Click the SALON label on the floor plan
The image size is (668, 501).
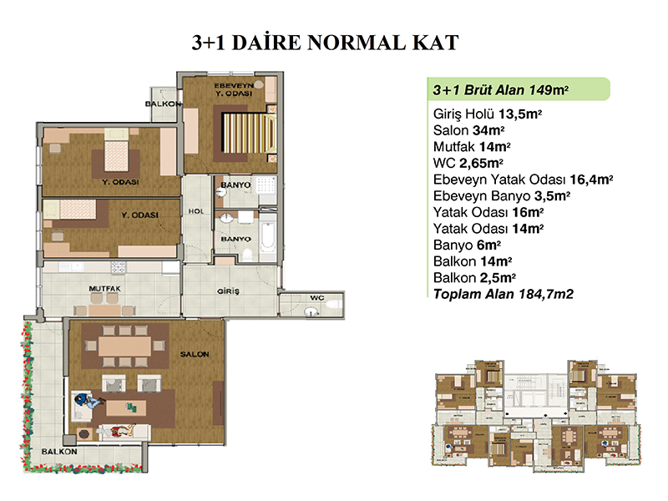195,354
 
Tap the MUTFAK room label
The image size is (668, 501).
105,288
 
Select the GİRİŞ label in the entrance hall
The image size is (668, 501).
228,291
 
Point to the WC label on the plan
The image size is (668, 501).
317,298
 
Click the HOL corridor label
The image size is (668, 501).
196,211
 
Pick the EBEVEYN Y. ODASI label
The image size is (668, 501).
234,89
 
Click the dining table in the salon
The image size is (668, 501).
124,347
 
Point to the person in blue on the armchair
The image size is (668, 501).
89,401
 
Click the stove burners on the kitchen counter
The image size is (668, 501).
118,267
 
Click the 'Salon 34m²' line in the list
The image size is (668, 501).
468,130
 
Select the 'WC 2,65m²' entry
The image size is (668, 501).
468,163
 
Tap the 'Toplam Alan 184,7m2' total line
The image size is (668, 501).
504,294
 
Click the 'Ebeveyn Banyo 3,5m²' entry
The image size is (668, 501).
502,196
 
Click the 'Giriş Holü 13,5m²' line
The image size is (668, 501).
488,114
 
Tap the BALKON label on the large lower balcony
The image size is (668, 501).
59,452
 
